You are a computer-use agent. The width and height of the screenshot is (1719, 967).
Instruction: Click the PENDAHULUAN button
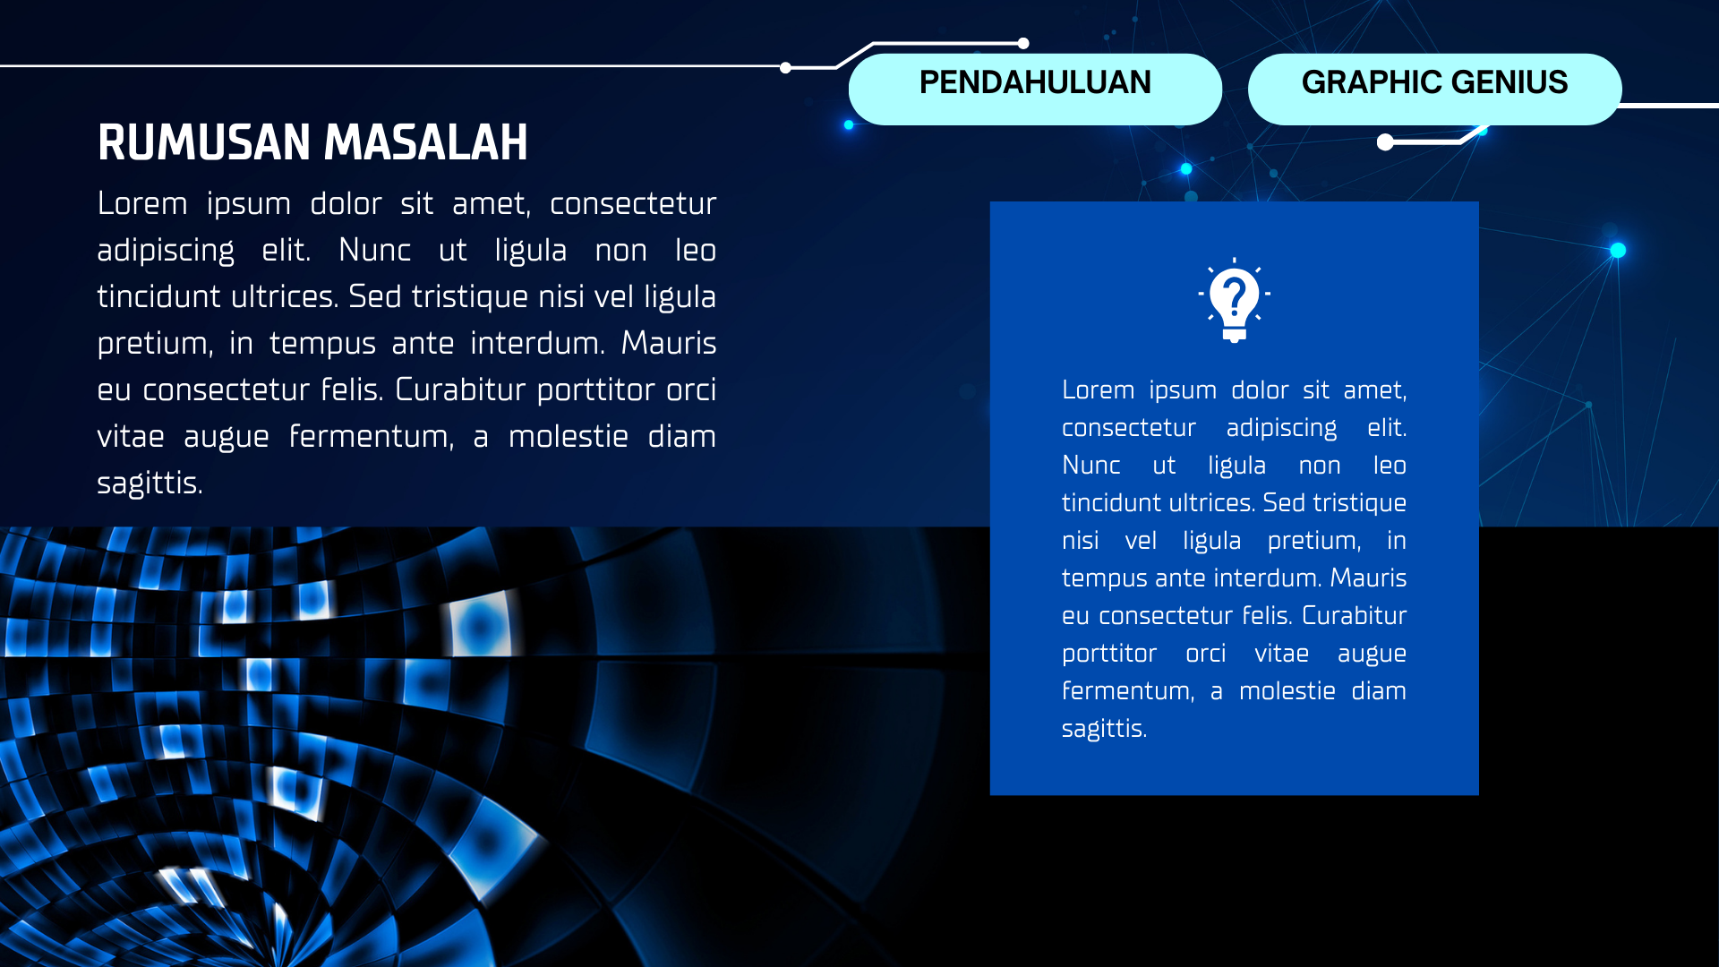(1035, 89)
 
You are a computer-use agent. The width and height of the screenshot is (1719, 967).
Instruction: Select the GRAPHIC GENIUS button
(1434, 89)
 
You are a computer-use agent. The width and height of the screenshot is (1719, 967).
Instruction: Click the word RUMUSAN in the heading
(204, 143)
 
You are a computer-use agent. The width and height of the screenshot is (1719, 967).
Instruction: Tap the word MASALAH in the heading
(426, 143)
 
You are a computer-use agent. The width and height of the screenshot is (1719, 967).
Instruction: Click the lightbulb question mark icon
(1234, 300)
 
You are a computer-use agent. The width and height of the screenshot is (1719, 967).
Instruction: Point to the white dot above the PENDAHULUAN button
(1023, 43)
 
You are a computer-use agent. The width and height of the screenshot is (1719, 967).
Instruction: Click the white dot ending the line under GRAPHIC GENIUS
(1385, 142)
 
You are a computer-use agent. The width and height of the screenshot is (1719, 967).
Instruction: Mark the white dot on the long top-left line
(785, 67)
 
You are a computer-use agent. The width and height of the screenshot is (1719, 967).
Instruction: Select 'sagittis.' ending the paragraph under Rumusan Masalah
(150, 483)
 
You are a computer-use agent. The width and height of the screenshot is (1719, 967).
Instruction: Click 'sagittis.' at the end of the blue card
(1104, 729)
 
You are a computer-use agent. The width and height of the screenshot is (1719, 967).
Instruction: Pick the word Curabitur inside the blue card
(1354, 616)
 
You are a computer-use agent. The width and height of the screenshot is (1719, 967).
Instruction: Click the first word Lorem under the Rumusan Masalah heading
(142, 204)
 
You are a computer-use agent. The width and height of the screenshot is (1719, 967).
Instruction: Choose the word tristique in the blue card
(1358, 503)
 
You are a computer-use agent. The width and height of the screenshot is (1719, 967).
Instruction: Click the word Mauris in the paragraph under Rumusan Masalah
(669, 344)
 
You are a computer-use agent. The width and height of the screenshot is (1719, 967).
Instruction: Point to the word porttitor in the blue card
(1109, 655)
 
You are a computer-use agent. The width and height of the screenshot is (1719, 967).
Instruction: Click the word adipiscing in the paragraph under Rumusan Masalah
(166, 251)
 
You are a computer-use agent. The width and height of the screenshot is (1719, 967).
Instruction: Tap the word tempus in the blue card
(1105, 579)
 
